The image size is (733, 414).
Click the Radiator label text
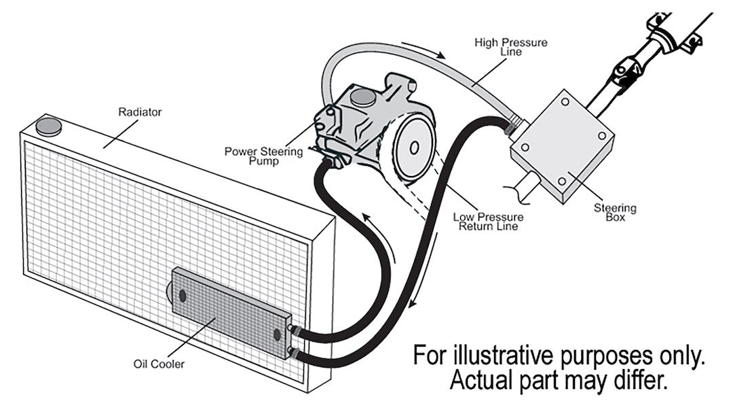point(140,111)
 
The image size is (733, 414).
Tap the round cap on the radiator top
point(48,126)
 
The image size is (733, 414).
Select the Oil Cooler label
point(159,364)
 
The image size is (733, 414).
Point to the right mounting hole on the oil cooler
point(276,334)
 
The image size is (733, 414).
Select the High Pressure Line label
point(510,47)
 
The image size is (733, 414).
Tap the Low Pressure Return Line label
point(488,222)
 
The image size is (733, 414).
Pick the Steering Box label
point(615,213)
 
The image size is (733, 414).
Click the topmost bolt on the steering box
point(565,102)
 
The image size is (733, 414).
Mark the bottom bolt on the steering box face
point(561,181)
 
